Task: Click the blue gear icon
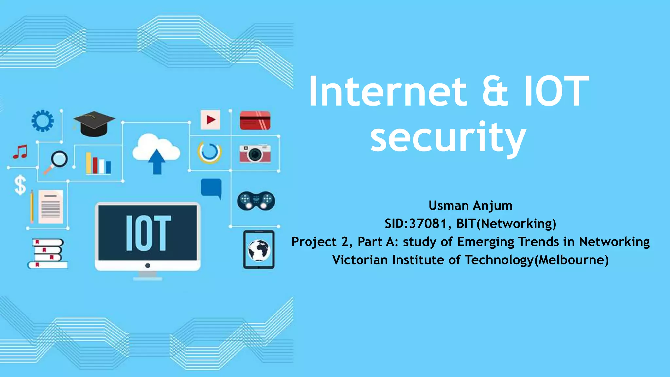coord(43,121)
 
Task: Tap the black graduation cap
coord(94,124)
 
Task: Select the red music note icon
coord(20,152)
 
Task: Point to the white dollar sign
coord(20,185)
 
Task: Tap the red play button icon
coord(210,120)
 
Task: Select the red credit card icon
coord(255,120)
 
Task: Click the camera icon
coord(255,153)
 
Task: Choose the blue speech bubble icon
coord(211,188)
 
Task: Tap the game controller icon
coord(256,201)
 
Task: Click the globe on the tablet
coord(259,250)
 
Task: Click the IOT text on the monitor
coord(148,233)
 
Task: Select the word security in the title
coord(448,137)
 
